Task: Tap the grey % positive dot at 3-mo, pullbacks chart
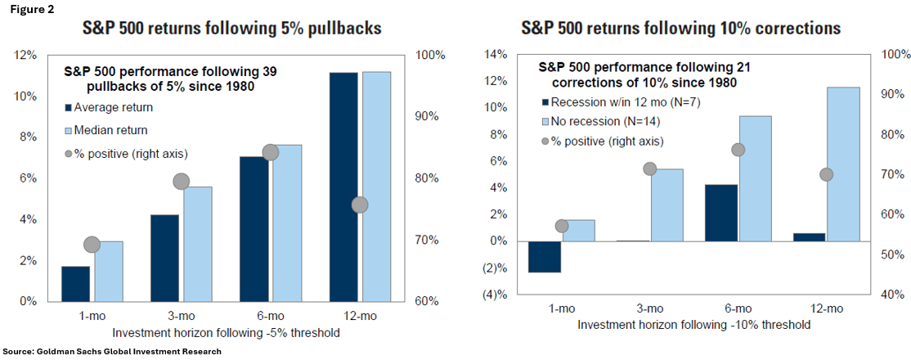(x=182, y=182)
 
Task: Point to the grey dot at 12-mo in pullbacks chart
(x=360, y=205)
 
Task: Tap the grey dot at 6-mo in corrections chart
(x=738, y=150)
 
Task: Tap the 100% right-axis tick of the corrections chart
(x=894, y=55)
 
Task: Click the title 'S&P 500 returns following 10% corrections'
(x=681, y=29)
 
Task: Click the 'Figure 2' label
(x=25, y=10)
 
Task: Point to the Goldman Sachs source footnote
(x=112, y=351)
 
